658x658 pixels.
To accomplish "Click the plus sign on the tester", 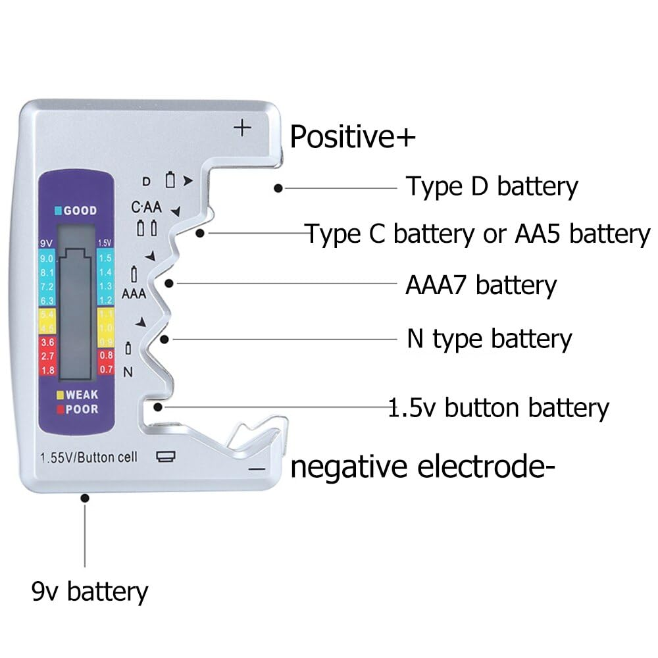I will click(x=243, y=127).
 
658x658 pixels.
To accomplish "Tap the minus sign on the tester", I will click(x=257, y=469).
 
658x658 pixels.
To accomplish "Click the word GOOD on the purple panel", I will click(x=80, y=211).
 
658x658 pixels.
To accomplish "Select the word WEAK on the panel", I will click(x=82, y=395).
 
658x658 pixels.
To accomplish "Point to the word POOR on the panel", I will click(x=82, y=409).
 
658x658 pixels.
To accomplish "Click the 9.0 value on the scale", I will click(x=47, y=259).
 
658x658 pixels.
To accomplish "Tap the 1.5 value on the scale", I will click(x=105, y=259).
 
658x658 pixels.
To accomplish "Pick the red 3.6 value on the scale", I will click(x=47, y=342).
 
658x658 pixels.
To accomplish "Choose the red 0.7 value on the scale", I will click(x=105, y=369).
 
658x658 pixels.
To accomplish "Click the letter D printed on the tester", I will click(x=147, y=180).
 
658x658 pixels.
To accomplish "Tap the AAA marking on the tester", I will click(x=134, y=293).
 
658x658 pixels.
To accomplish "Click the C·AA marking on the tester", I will click(x=146, y=208).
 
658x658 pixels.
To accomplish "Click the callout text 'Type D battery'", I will click(x=491, y=187).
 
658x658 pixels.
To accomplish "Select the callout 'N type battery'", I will click(x=489, y=339).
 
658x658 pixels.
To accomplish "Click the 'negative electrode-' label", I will click(x=418, y=468).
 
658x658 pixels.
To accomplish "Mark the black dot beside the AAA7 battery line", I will click(x=170, y=284).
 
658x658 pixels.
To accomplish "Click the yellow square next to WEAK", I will click(x=60, y=395).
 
